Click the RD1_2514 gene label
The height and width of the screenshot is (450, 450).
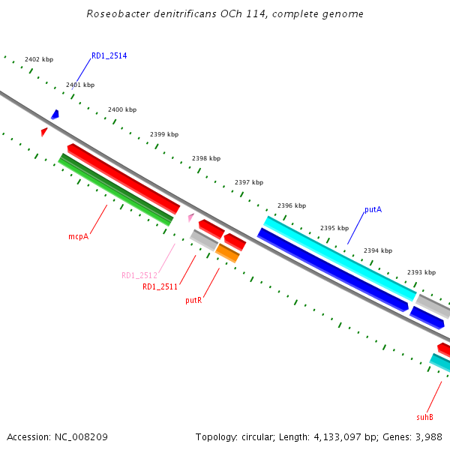(x=109, y=55)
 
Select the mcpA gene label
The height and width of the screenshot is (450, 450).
(x=79, y=236)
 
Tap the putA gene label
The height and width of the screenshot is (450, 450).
(x=373, y=209)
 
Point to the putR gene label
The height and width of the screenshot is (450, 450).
(x=193, y=300)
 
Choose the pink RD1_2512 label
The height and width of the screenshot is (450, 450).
(x=139, y=275)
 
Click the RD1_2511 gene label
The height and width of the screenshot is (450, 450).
(x=160, y=286)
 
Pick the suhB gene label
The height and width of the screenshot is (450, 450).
(x=424, y=416)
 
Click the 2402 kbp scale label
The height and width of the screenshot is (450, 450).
(x=39, y=58)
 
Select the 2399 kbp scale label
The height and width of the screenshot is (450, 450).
(x=164, y=134)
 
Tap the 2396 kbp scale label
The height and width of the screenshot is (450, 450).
(x=292, y=205)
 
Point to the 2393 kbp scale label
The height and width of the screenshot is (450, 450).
(x=421, y=273)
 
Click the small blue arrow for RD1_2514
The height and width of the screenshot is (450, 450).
(x=55, y=114)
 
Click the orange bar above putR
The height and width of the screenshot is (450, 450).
(x=227, y=253)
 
